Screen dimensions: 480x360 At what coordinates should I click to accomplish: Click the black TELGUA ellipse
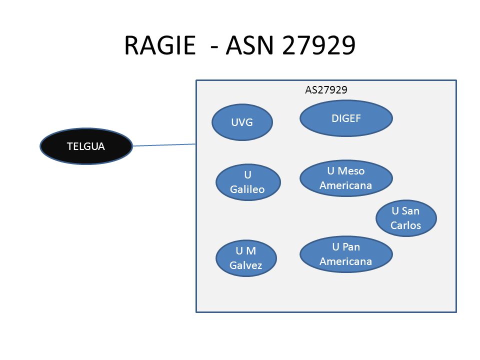click(x=86, y=146)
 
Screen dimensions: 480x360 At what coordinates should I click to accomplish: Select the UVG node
click(x=242, y=122)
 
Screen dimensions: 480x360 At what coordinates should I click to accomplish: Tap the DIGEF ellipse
click(x=346, y=118)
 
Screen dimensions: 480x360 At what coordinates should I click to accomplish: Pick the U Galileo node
click(x=248, y=182)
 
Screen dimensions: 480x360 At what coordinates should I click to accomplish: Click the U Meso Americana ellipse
click(x=346, y=178)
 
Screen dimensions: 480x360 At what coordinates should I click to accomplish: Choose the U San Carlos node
click(x=406, y=218)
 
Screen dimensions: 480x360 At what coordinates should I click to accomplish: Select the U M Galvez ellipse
click(x=246, y=258)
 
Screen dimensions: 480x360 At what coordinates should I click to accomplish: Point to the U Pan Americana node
click(x=346, y=254)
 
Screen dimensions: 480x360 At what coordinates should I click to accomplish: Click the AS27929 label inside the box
click(x=326, y=90)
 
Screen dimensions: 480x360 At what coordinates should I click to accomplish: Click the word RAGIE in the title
click(x=160, y=45)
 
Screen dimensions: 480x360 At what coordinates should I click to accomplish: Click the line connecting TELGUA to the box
click(x=164, y=145)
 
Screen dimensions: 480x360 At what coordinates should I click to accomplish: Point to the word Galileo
click(x=247, y=189)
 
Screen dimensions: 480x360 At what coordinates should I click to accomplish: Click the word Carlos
click(x=405, y=225)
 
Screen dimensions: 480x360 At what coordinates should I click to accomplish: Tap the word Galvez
click(x=246, y=265)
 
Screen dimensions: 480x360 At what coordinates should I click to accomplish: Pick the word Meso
click(x=351, y=171)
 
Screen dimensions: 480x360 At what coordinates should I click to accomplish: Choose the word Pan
click(x=351, y=246)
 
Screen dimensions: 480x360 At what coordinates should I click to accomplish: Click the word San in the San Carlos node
click(x=410, y=211)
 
